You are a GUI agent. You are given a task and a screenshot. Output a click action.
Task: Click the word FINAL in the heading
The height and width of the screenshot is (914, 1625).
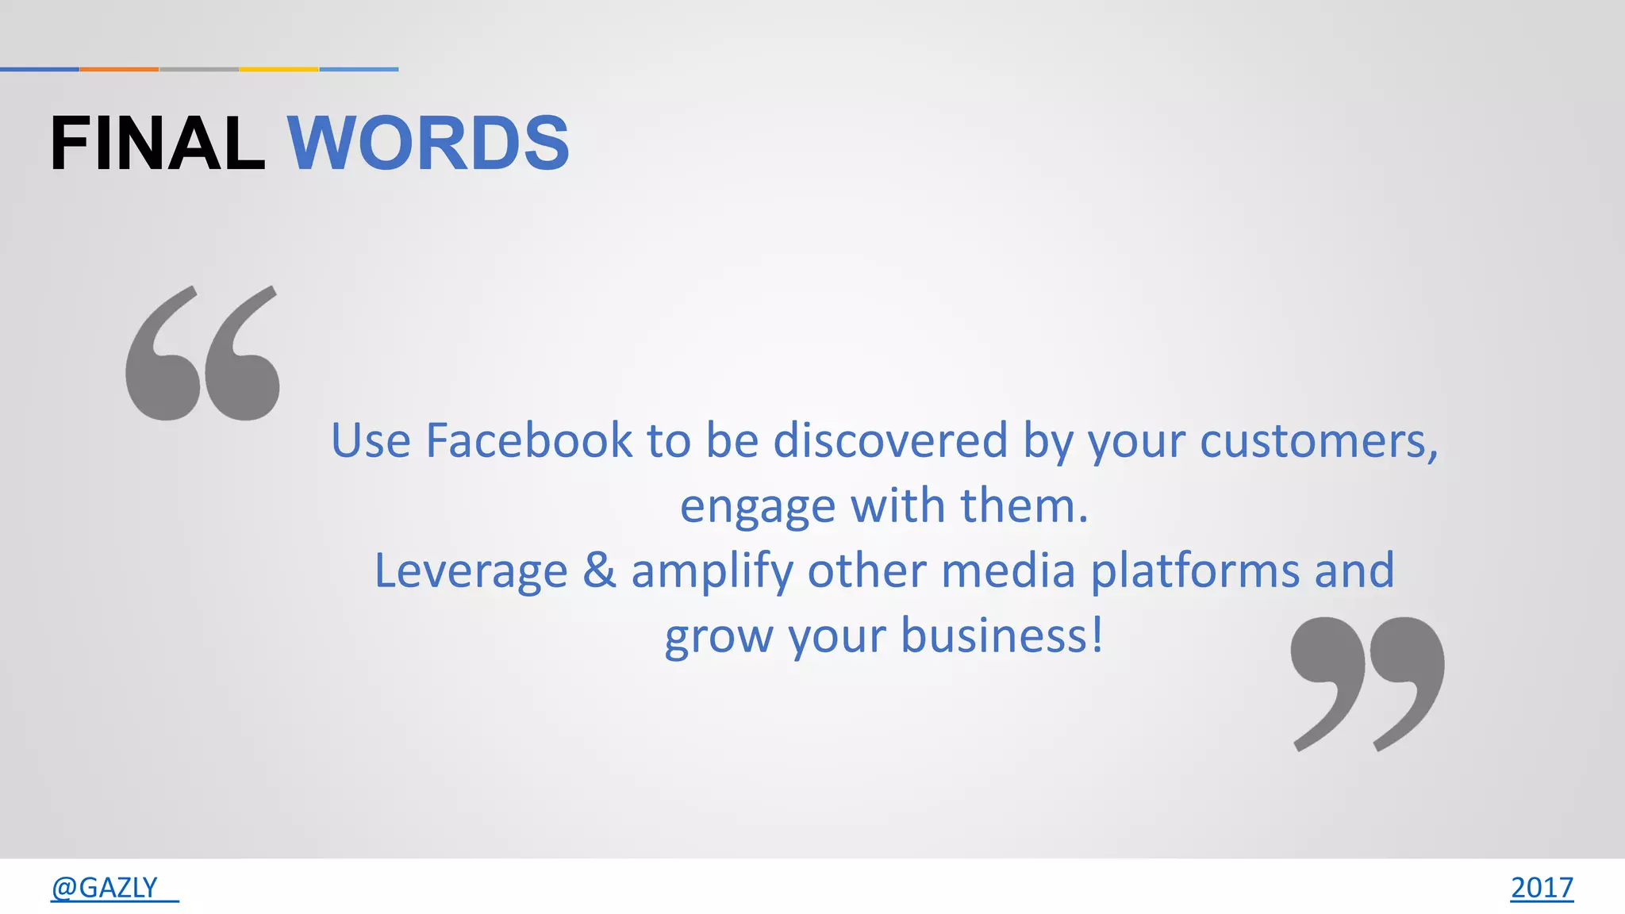click(157, 144)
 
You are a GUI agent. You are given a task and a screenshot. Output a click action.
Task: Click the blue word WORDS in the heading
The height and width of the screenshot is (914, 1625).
click(428, 144)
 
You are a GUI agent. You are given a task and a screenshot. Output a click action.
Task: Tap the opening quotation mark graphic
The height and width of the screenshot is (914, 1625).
click(202, 353)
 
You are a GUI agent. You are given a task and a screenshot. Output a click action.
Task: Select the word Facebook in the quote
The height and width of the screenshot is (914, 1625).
click(529, 440)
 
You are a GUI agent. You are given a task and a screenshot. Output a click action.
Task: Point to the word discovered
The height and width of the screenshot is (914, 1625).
click(890, 440)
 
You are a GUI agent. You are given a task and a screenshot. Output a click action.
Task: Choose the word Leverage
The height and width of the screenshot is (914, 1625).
click(471, 571)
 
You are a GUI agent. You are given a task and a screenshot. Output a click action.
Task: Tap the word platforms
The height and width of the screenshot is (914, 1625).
click(1195, 571)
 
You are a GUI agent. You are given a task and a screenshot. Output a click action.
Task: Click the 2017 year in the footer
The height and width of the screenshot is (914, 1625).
click(1541, 887)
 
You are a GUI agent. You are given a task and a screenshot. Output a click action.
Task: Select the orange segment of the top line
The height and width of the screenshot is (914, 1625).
click(119, 69)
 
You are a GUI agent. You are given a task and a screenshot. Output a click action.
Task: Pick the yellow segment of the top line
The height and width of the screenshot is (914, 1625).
click(279, 69)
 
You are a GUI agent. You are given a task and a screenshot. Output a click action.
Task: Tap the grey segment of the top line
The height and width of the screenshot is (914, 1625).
click(199, 69)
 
